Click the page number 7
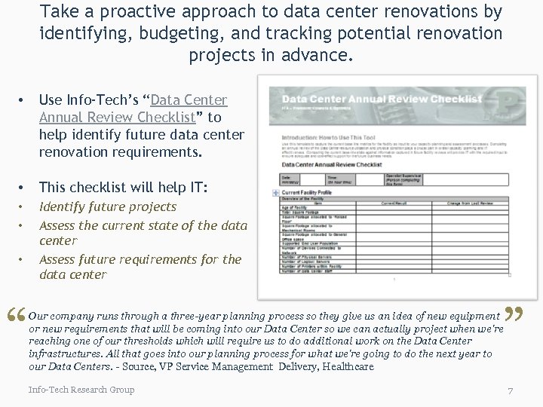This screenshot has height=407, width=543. coord(511,390)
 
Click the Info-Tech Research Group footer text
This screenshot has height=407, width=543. coord(81,390)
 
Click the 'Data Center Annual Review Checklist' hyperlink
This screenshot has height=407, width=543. coord(133,109)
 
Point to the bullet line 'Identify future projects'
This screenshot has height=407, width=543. coord(107,207)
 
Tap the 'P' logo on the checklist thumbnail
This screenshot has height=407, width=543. coord(500,104)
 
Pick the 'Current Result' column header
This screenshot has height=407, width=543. coord(396,203)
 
